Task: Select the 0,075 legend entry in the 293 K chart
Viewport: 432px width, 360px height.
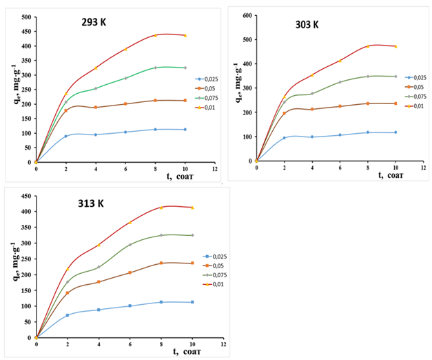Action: pyautogui.click(x=207, y=98)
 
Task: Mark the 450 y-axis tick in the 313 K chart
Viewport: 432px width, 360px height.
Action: pyautogui.click(x=24, y=195)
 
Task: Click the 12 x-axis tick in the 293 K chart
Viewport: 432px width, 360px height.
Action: pyautogui.click(x=214, y=169)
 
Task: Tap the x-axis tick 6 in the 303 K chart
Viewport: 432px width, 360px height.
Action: pyautogui.click(x=340, y=167)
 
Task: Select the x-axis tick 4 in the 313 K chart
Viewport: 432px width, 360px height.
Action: pyautogui.click(x=99, y=343)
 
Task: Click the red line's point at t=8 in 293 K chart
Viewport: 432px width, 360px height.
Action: pyautogui.click(x=156, y=35)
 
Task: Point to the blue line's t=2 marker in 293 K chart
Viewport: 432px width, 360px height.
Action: pyautogui.click(x=65, y=137)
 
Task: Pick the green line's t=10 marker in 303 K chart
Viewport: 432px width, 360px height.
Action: pyautogui.click(x=395, y=76)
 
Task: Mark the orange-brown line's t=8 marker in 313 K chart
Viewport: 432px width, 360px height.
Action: pyautogui.click(x=161, y=263)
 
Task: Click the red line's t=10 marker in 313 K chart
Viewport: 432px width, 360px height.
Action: pyautogui.click(x=192, y=208)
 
